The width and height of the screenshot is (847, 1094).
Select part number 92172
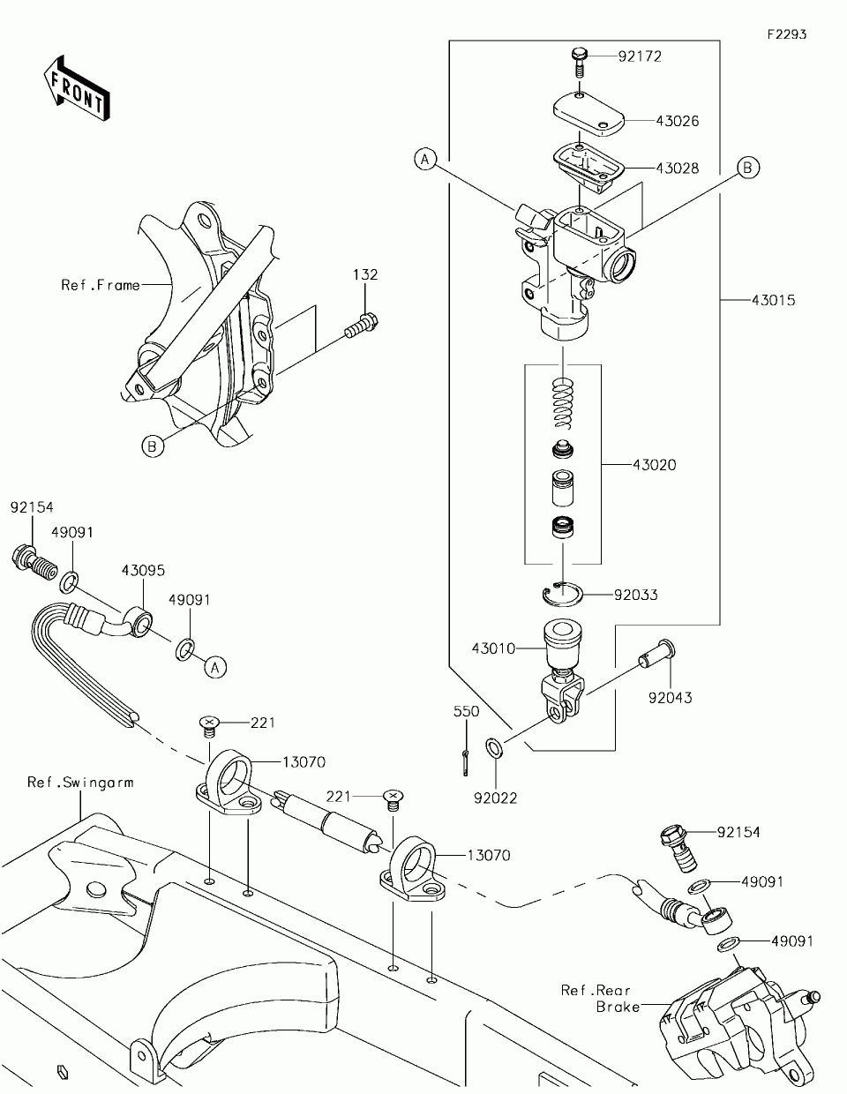pyautogui.click(x=640, y=56)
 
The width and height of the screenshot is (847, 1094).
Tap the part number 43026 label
pyautogui.click(x=678, y=121)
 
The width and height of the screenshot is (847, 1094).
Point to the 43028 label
pyautogui.click(x=678, y=168)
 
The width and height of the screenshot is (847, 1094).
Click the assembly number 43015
pyautogui.click(x=773, y=300)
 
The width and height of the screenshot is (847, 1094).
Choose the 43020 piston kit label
pyautogui.click(x=654, y=464)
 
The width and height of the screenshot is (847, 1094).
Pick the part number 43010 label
pyautogui.click(x=493, y=648)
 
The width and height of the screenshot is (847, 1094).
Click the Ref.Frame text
pyautogui.click(x=101, y=285)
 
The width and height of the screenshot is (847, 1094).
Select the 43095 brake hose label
pyautogui.click(x=143, y=571)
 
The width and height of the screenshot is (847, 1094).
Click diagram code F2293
pyautogui.click(x=787, y=34)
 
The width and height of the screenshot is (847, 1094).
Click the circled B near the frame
pyautogui.click(x=153, y=446)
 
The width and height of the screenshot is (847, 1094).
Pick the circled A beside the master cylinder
pyautogui.click(x=425, y=160)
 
